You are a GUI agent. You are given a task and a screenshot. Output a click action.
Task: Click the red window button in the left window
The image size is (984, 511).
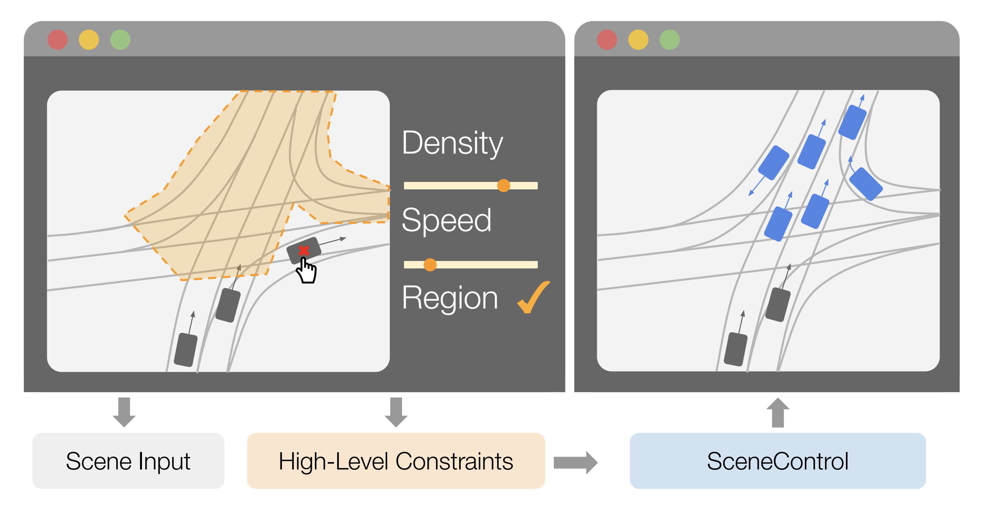click(x=57, y=40)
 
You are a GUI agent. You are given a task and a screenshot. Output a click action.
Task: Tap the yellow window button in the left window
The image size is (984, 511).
click(x=89, y=40)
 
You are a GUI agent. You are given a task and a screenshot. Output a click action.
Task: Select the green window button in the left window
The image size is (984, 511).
click(x=120, y=40)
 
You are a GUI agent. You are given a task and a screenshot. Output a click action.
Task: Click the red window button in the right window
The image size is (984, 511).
click(x=607, y=40)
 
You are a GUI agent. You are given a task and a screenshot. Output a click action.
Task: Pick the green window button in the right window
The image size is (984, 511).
click(x=670, y=40)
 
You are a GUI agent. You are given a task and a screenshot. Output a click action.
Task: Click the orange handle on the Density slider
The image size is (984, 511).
click(x=504, y=185)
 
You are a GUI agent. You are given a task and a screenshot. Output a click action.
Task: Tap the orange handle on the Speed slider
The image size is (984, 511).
click(x=430, y=265)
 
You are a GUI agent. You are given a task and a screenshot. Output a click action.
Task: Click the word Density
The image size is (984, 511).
click(x=452, y=143)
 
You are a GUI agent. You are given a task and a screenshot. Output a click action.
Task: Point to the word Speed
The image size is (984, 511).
click(x=446, y=221)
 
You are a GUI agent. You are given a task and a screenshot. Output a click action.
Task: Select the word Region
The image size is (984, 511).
click(x=450, y=298)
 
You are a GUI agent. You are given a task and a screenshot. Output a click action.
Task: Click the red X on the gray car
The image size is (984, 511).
click(x=304, y=250)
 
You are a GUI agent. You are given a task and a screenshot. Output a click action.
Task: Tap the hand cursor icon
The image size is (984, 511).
click(x=307, y=271)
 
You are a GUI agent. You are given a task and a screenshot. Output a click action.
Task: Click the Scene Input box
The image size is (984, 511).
click(x=128, y=461)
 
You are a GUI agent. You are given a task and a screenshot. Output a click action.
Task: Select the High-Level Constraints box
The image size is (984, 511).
click(x=396, y=461)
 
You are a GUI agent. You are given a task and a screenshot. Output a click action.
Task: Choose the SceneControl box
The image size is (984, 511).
click(x=778, y=461)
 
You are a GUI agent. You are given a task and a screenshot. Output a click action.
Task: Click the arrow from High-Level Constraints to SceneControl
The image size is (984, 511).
click(x=575, y=462)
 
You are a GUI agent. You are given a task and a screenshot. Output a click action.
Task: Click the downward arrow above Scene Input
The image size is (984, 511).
click(x=124, y=412)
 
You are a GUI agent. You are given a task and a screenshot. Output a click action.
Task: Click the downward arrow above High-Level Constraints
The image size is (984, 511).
click(x=396, y=412)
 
